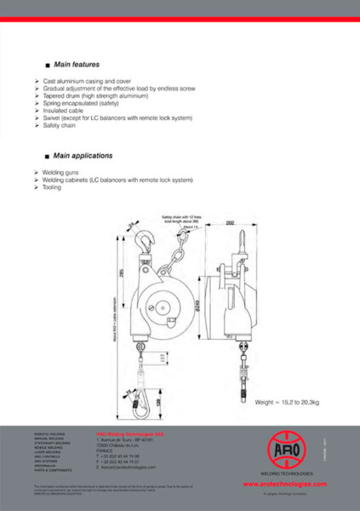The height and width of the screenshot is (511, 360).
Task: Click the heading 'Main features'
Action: pyautogui.click(x=77, y=65)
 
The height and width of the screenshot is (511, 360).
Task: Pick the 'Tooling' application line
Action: pyautogui.click(x=53, y=187)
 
